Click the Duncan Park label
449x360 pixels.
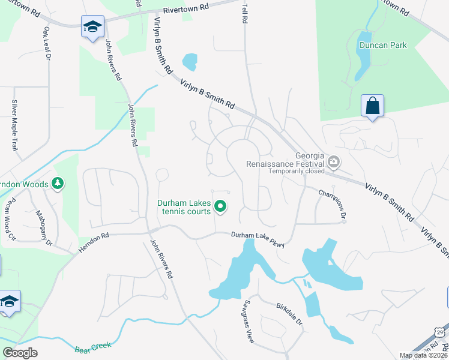(x=383, y=45)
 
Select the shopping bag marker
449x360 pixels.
(x=372, y=106)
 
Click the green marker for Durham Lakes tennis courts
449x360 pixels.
(x=220, y=207)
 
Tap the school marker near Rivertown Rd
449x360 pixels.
(x=92, y=27)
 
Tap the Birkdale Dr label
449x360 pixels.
(x=290, y=314)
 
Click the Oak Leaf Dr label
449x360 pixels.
(x=47, y=41)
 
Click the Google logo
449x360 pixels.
(x=20, y=352)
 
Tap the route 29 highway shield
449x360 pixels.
(x=439, y=331)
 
